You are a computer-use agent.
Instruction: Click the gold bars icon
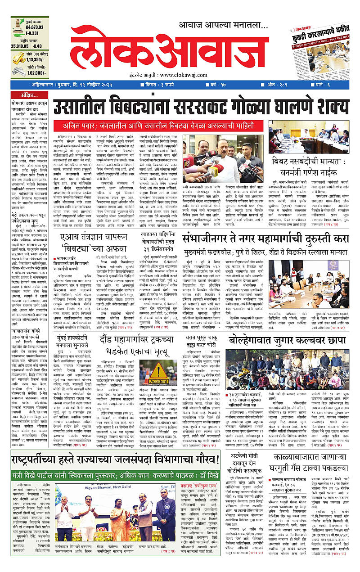18,57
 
